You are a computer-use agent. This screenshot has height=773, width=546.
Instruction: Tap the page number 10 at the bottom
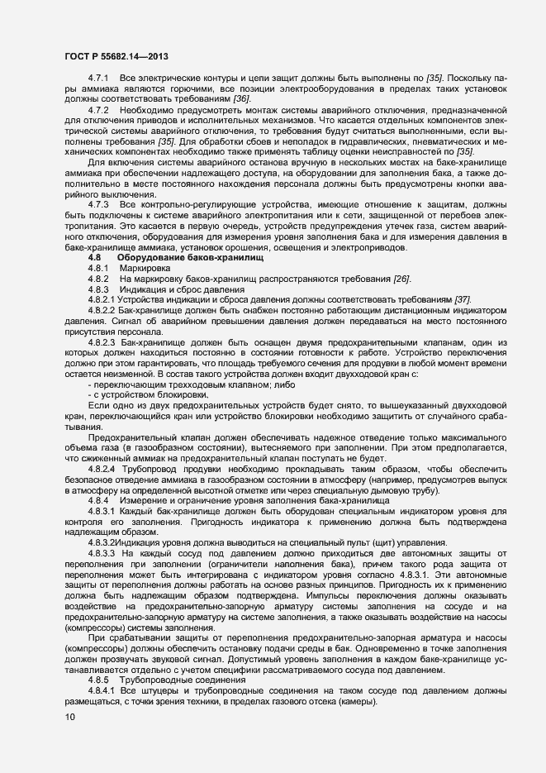(x=69, y=717)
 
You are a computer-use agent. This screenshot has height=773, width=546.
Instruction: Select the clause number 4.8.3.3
(x=105, y=552)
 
